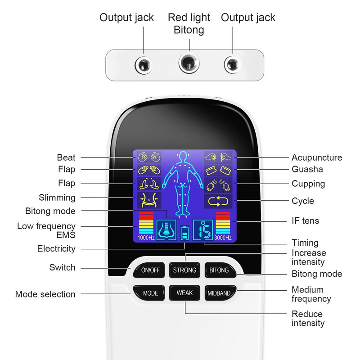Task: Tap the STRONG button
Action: (x=184, y=270)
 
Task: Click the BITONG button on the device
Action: (x=219, y=270)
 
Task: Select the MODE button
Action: (x=150, y=293)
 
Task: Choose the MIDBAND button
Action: (x=219, y=293)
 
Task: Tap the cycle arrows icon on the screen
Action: (x=219, y=201)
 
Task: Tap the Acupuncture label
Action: (x=317, y=157)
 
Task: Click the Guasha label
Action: (x=307, y=170)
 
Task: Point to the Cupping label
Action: (x=308, y=184)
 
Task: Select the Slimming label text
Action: (x=57, y=198)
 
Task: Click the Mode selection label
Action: (x=45, y=294)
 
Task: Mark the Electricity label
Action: (x=56, y=248)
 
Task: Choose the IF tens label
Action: (x=305, y=220)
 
